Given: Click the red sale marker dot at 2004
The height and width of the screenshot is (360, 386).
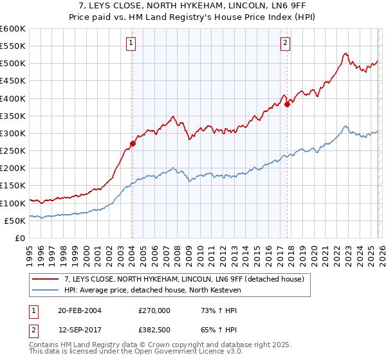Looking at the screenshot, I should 133,144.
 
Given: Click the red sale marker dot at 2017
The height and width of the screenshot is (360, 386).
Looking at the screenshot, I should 287,105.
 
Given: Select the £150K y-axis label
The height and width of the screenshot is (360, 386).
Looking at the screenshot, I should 13,186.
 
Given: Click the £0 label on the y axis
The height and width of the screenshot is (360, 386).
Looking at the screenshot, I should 19,238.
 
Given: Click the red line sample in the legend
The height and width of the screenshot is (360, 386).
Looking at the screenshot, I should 47,279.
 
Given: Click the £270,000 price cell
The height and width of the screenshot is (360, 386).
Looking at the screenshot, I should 154,310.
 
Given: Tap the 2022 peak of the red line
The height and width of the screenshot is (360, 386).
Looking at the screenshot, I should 345,54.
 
